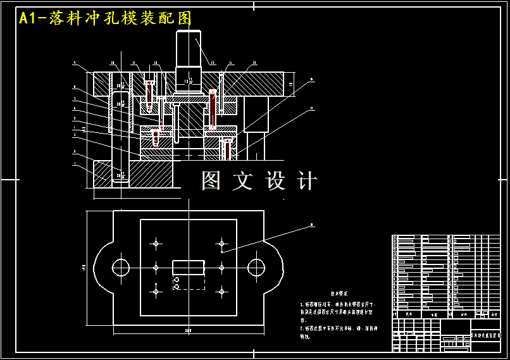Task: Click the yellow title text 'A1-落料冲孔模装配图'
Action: [x=105, y=18]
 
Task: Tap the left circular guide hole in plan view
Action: [x=121, y=267]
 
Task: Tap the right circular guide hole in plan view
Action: [x=256, y=267]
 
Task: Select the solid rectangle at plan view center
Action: [x=189, y=267]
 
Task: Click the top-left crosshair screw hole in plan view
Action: [x=156, y=242]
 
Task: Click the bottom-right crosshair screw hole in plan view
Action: [x=221, y=291]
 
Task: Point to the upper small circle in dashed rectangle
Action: [x=177, y=280]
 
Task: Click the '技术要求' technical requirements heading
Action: [x=340, y=294]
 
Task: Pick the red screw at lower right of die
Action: [x=226, y=150]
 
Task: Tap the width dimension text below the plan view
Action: [x=188, y=330]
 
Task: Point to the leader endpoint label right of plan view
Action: [x=312, y=224]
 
